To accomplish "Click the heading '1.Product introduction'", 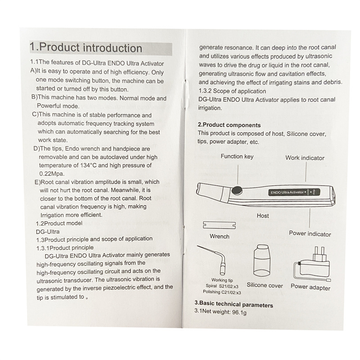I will coord(86,48).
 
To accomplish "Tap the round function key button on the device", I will coord(236,190).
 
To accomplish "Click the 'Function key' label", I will coord(237,157).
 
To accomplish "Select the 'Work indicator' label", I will coord(305,158).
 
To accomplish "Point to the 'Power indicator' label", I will coord(310,234).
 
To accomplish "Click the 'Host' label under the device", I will coord(263,216).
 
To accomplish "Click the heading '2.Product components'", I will coord(229,125).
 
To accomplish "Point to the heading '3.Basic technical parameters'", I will coord(233,305).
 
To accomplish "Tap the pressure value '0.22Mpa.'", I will coord(52,174).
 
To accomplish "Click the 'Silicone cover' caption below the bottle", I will coord(265,285).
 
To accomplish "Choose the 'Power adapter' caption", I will coord(310,288).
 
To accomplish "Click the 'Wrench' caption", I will coord(219,236).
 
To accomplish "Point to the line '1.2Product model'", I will coord(59,223).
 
